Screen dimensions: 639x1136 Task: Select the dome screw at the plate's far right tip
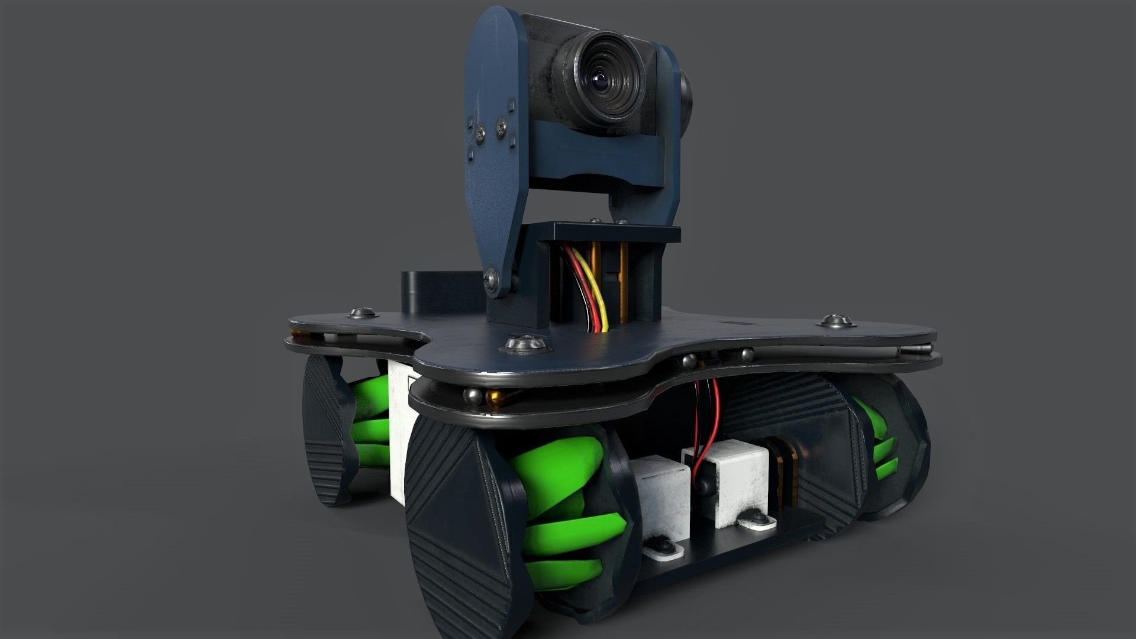(835, 321)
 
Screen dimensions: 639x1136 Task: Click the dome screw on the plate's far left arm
(362, 311)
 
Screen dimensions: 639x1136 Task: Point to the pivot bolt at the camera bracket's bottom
(491, 279)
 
